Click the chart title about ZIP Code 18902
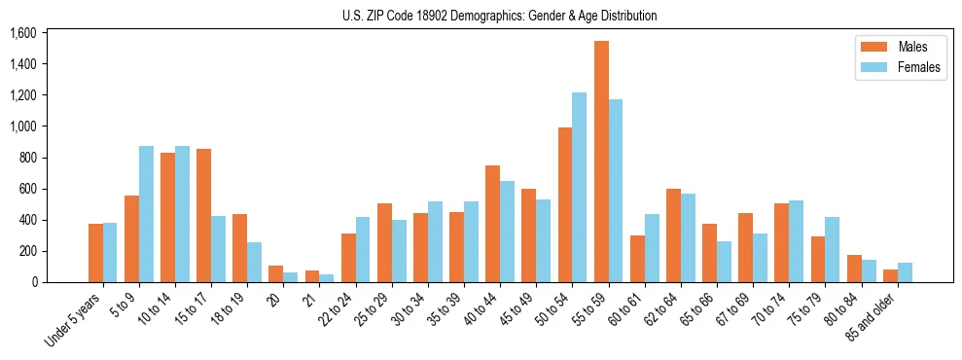coord(500,16)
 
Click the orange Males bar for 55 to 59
coord(601,162)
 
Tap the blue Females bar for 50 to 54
coord(580,187)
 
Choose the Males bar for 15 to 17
coord(204,215)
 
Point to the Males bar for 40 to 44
coord(492,224)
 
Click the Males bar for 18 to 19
coord(240,248)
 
